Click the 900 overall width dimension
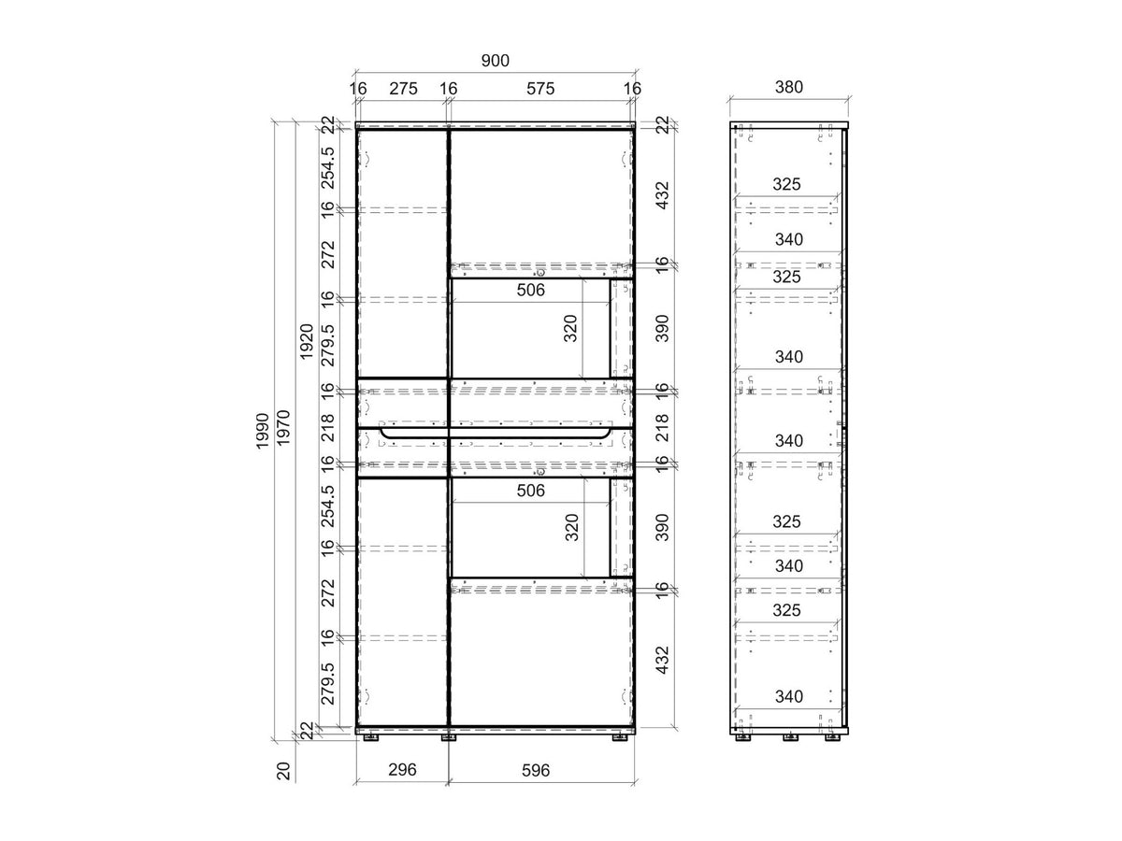(x=495, y=61)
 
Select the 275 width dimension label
(x=403, y=89)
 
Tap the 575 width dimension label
(x=540, y=89)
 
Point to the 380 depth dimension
(x=789, y=87)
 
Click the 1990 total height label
(x=263, y=431)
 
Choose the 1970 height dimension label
(x=283, y=427)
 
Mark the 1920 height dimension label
(x=306, y=342)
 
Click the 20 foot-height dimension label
(x=283, y=771)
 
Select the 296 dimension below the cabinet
(x=402, y=769)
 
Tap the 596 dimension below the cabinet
(x=536, y=771)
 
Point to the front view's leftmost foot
(x=370, y=737)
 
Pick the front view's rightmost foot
(x=620, y=737)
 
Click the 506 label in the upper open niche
(x=530, y=290)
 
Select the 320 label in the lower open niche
(x=572, y=527)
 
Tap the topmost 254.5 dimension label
(x=327, y=168)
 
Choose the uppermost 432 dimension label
(x=662, y=195)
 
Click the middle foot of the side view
(x=790, y=737)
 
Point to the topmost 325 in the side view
(x=786, y=184)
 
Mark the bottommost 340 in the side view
(x=789, y=696)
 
